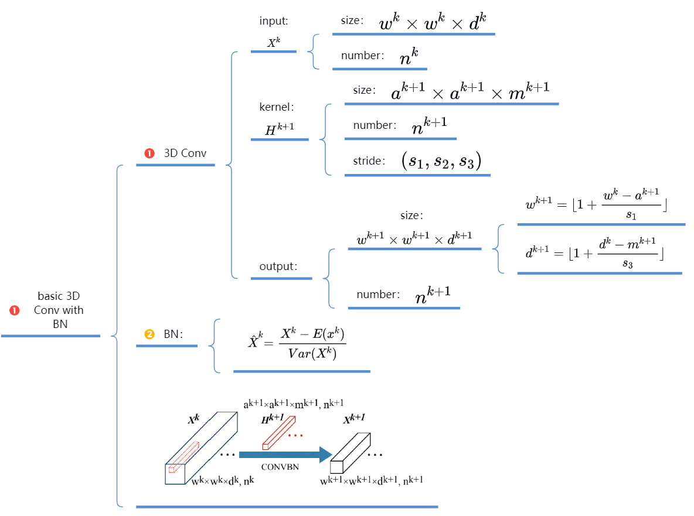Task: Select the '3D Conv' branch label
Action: [x=185, y=153]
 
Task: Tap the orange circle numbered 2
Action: [x=149, y=334]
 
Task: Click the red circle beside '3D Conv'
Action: [x=149, y=153]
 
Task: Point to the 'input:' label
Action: [x=274, y=21]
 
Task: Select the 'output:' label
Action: [x=278, y=266]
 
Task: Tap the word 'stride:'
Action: [x=369, y=161]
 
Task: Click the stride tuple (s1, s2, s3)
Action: [x=441, y=161]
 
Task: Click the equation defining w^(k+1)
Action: [x=597, y=206]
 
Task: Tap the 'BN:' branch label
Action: [x=172, y=334]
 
